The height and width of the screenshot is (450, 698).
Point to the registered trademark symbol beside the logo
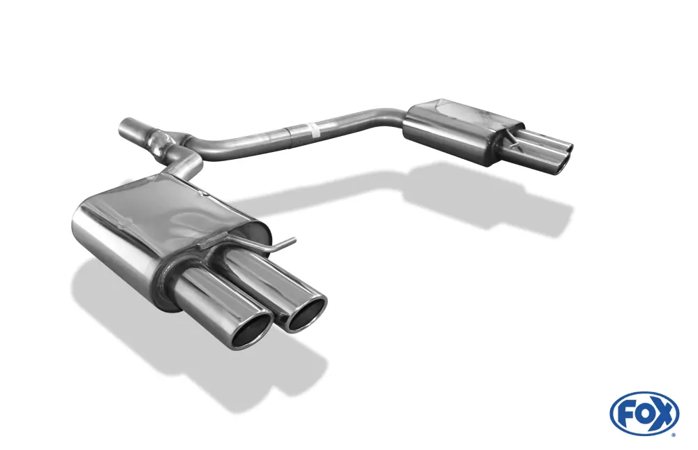point(673,434)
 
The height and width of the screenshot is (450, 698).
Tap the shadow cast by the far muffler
point(489,199)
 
